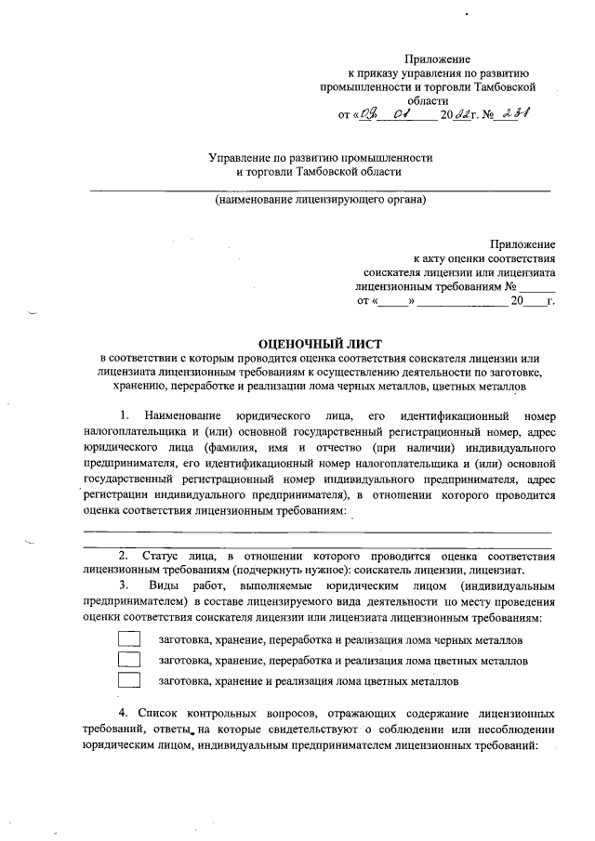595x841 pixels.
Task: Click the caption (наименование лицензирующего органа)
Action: coord(320,200)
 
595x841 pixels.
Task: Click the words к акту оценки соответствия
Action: coord(484,258)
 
